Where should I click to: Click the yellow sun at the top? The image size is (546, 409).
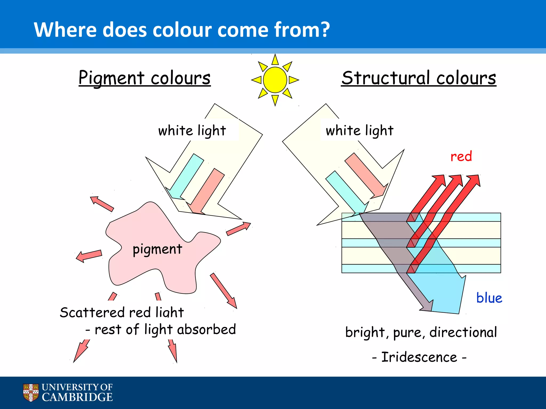pyautogui.click(x=275, y=80)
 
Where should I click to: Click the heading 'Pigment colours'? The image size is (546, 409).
pyautogui.click(x=144, y=78)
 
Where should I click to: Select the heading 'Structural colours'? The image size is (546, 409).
pyautogui.click(x=419, y=78)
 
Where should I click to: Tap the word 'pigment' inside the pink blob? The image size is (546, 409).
pyautogui.click(x=157, y=250)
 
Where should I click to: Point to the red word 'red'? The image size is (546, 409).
pyautogui.click(x=461, y=156)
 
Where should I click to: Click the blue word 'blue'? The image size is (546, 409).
pyautogui.click(x=489, y=298)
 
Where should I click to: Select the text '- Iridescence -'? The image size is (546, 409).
pyautogui.click(x=419, y=357)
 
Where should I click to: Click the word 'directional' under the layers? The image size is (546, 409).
pyautogui.click(x=463, y=332)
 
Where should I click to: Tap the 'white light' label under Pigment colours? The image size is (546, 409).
pyautogui.click(x=192, y=131)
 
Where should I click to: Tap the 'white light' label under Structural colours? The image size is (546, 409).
pyautogui.click(x=359, y=131)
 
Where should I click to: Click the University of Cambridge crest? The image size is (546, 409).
pyautogui.click(x=31, y=392)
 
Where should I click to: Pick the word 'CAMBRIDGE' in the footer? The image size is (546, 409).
pyautogui.click(x=77, y=397)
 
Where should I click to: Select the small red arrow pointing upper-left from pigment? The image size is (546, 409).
pyautogui.click(x=102, y=204)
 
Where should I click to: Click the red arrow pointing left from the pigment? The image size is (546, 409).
pyautogui.click(x=89, y=256)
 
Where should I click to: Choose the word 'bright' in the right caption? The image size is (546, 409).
pyautogui.click(x=365, y=332)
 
